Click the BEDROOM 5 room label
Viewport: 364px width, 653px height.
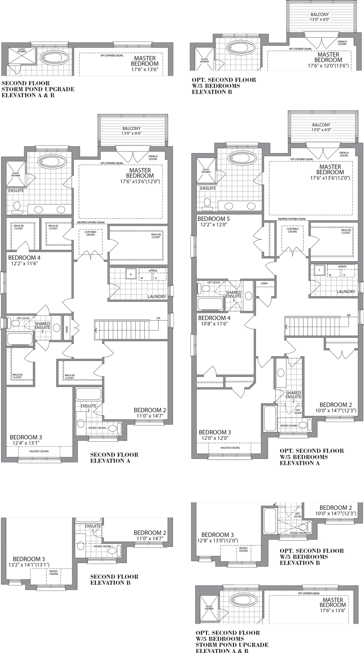tap(214, 219)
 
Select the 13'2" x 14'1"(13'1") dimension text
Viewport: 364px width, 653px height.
tap(29, 565)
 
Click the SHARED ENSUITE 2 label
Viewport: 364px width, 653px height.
tap(293, 397)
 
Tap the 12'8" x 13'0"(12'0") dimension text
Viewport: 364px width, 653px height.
tap(218, 540)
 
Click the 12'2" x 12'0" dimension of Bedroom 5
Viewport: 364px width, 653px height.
tap(214, 224)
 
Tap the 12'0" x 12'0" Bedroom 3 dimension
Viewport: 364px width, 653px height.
tap(215, 438)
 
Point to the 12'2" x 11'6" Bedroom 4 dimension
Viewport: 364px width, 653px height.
tap(24, 263)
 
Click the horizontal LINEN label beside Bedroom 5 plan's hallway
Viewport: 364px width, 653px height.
tap(264, 283)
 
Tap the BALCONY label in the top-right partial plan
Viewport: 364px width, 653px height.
tap(320, 15)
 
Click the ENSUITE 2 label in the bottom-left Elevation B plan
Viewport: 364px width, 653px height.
tap(93, 528)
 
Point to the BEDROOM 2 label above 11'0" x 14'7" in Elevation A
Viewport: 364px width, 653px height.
tap(150, 410)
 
